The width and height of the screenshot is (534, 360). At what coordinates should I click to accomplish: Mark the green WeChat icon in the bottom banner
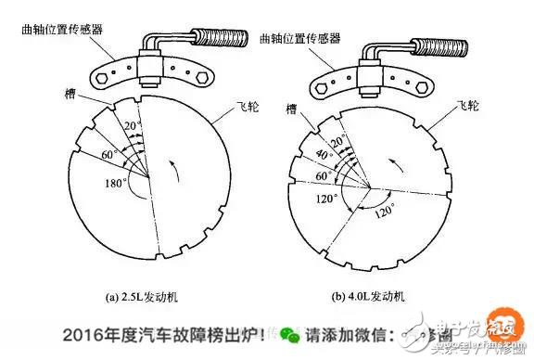pos(291,333)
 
